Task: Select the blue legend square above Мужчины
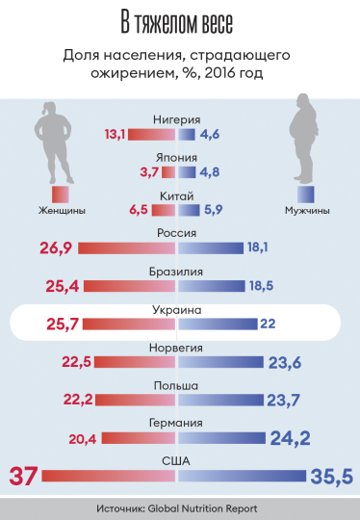pos(306,194)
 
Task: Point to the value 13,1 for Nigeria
pos(116,135)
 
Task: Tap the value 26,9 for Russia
pos(57,248)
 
